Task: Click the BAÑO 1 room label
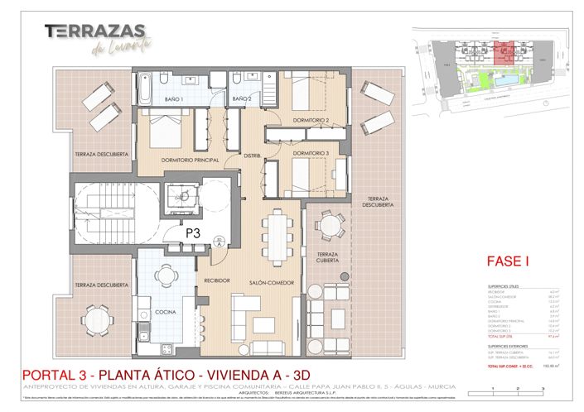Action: click(172, 99)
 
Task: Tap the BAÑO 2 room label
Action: click(241, 99)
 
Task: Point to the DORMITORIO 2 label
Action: click(311, 121)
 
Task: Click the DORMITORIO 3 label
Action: click(311, 153)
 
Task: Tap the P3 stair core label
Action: click(193, 233)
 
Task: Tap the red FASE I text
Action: click(507, 263)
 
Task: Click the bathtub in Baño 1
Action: click(145, 89)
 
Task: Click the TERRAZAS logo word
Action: click(99, 31)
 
